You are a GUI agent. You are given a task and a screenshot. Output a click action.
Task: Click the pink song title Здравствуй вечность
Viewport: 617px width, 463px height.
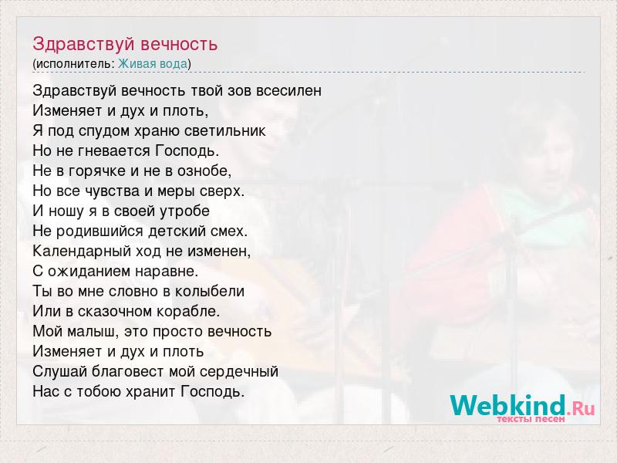pos(125,44)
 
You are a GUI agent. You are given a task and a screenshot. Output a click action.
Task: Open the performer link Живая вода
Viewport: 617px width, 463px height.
pos(153,64)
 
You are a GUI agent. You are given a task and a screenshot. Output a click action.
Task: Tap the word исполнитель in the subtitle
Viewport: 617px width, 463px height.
pos(74,64)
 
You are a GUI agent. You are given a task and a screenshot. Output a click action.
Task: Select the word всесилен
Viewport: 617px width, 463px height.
pos(288,90)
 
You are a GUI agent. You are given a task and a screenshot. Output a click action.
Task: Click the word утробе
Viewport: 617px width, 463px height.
pos(184,211)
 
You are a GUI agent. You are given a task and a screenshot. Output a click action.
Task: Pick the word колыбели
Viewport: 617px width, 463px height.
pos(210,292)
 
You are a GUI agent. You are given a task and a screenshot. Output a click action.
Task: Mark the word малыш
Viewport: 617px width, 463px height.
pos(93,332)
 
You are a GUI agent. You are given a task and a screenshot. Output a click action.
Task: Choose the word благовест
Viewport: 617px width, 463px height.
pos(128,371)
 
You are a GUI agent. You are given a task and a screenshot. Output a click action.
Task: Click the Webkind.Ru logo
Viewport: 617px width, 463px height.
pos(522,406)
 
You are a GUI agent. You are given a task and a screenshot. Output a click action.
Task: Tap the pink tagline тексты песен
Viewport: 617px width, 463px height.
pos(531,419)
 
